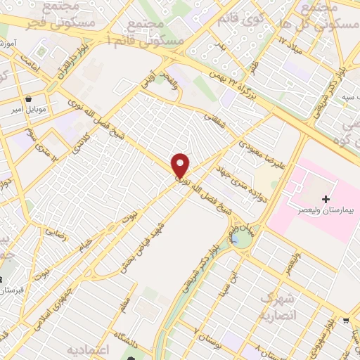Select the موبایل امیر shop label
28,110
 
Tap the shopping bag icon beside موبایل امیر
28,99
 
